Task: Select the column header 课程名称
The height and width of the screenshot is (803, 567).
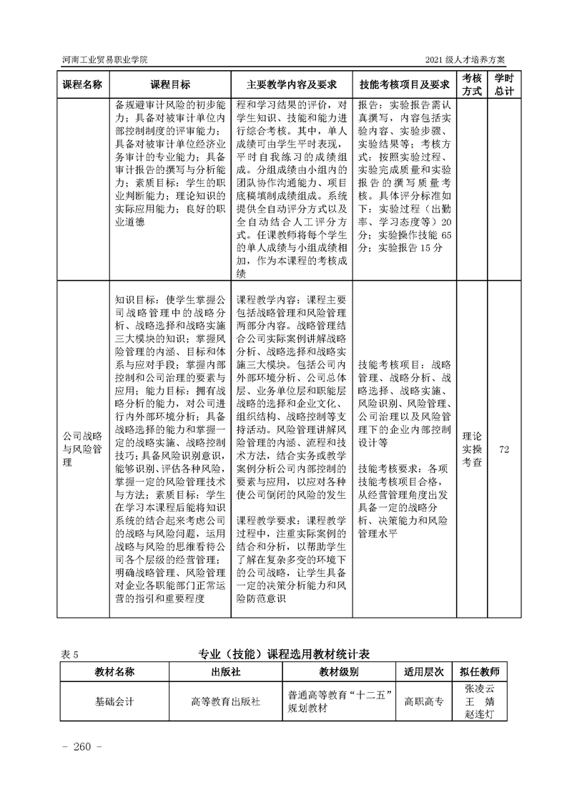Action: point(83,84)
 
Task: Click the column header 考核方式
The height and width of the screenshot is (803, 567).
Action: point(471,84)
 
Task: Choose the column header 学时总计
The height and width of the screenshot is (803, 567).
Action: point(505,84)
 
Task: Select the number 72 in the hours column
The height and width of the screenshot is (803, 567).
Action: point(504,449)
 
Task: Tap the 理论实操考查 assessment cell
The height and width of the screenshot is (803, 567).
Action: point(471,449)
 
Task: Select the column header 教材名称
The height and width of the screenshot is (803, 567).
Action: point(114,673)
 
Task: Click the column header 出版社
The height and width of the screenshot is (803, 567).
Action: point(225,673)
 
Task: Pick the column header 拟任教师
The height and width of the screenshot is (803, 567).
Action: point(480,673)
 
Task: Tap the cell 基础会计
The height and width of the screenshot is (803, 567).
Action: point(114,701)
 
